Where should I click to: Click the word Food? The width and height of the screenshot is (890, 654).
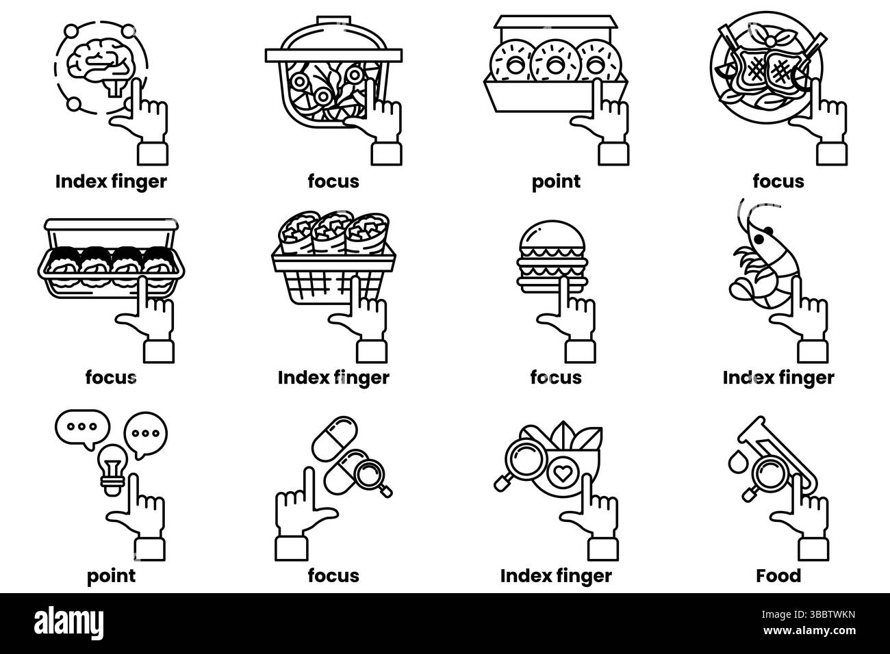click(x=778, y=576)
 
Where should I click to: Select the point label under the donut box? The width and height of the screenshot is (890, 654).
click(x=556, y=181)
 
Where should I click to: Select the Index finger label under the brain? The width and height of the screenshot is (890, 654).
click(x=111, y=181)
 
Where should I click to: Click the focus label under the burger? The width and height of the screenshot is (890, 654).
click(x=556, y=377)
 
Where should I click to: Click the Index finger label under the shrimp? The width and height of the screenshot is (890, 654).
click(x=778, y=377)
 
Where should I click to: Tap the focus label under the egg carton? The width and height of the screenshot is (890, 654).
click(x=111, y=377)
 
